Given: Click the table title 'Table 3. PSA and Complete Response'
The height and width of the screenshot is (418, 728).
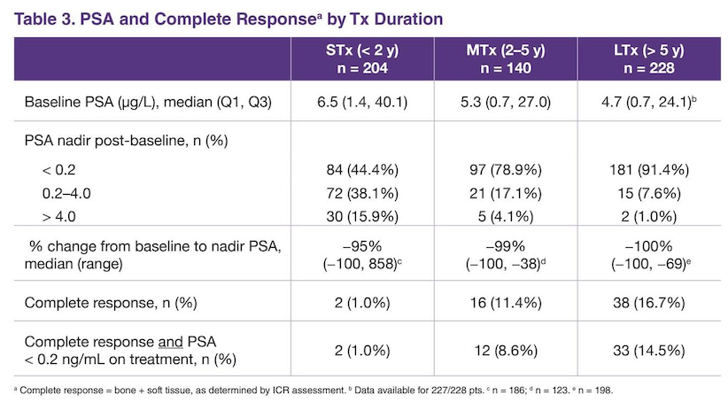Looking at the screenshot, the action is [165, 19].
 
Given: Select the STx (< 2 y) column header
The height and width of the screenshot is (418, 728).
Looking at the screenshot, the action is [362, 59].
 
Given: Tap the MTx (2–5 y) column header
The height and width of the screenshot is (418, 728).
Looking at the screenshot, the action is [506, 59].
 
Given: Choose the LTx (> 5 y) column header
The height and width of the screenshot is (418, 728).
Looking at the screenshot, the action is [649, 59].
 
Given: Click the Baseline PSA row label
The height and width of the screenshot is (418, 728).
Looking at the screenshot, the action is [148, 102].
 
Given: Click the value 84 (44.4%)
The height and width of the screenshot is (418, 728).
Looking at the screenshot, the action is [362, 170].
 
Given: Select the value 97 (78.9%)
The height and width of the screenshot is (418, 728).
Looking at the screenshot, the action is [506, 170].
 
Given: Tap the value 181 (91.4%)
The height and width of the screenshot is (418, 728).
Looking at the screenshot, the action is [649, 170].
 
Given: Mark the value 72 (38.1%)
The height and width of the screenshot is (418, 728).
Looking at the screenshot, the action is [362, 193].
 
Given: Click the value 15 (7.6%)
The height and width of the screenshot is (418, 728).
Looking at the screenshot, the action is [649, 193].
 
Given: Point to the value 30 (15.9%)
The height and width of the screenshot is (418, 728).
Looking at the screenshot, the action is [362, 216].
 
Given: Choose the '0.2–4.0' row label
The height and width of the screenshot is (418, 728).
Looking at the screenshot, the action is [66, 193].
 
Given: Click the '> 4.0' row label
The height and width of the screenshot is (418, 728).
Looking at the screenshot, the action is [59, 217].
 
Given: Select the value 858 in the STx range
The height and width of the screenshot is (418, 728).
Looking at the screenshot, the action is [380, 264].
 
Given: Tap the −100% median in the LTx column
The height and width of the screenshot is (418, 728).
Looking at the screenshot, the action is [648, 246].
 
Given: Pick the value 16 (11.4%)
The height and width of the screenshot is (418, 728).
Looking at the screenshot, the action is [506, 303].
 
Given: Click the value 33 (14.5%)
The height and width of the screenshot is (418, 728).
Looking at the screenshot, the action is [649, 350].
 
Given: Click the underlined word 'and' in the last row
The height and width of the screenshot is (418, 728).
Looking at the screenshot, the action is [170, 343].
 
